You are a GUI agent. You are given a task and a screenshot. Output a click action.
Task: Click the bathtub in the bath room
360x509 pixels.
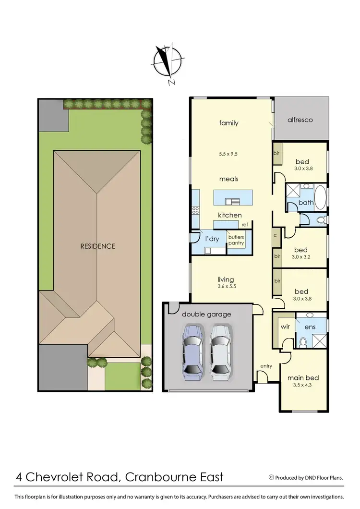320,197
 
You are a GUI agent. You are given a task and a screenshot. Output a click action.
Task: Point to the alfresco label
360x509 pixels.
300,120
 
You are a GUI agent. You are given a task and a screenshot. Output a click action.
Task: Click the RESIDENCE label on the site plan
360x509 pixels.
98,246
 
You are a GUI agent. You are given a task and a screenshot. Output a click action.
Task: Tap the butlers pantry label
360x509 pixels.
236,240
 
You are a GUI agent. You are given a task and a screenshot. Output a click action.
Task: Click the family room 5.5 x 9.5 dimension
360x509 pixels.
229,155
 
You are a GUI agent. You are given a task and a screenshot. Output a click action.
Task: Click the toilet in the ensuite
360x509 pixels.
303,342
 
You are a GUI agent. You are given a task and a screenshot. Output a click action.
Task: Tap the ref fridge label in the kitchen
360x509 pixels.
245,225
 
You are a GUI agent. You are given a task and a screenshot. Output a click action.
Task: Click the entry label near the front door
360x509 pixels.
266,366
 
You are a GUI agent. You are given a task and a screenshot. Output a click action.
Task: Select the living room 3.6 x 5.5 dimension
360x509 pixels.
226,286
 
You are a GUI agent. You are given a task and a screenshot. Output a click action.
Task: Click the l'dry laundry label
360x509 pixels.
212,239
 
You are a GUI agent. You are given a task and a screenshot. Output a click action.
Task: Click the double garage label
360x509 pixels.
206,315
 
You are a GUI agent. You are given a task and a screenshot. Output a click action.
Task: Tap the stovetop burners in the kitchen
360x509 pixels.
196,210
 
